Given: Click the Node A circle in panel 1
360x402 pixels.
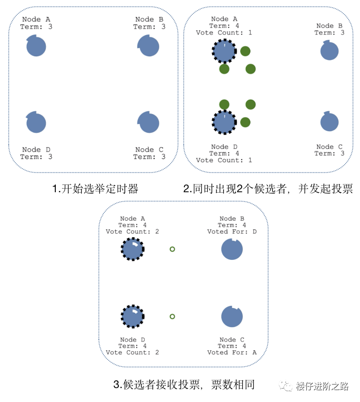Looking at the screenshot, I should point(36,47).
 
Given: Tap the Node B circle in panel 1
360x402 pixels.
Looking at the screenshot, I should point(149,47).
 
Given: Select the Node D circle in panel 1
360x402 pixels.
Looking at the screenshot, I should point(36,123).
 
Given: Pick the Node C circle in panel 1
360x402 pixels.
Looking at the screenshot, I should point(149,123).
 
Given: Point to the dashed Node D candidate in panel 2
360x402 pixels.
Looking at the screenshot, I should point(224,122).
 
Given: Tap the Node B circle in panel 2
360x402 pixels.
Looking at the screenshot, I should point(330,51).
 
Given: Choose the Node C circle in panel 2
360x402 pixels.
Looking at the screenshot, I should point(330,122).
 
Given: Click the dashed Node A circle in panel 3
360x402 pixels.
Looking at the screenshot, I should point(133,250).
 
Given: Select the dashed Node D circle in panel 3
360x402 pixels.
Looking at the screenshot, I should point(133,316).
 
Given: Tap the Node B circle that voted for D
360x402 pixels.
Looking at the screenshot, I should point(232,250).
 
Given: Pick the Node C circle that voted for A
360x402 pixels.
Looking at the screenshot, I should point(232,316).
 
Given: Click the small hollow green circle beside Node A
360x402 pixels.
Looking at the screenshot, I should point(173,249).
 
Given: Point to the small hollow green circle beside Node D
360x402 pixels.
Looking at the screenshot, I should point(173,316).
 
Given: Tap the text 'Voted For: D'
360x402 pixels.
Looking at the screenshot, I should point(232,231).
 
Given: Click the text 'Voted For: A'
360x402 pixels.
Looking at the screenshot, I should point(232,352).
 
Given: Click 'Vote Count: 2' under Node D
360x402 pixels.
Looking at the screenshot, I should point(132,352).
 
